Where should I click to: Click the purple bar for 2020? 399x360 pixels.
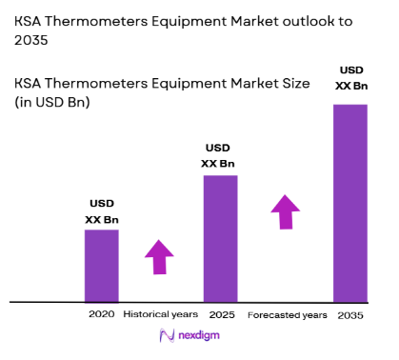[x=102, y=266]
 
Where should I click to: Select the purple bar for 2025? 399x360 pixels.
[x=220, y=238]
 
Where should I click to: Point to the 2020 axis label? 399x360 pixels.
[x=101, y=313]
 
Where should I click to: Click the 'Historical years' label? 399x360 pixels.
[x=161, y=313]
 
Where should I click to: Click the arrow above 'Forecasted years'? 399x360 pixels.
[x=286, y=211]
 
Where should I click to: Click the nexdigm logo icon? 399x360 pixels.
[x=168, y=335]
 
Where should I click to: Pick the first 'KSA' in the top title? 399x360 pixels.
[x=30, y=20]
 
